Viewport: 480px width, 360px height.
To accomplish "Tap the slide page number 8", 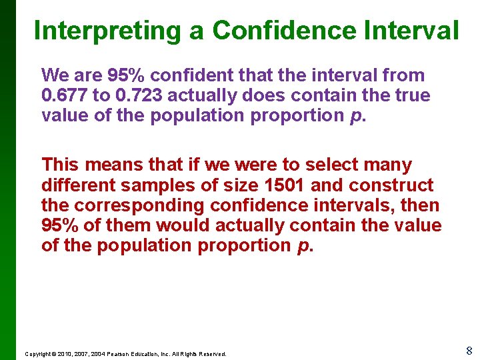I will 469,351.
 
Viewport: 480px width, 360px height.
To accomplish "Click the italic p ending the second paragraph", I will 303,246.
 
